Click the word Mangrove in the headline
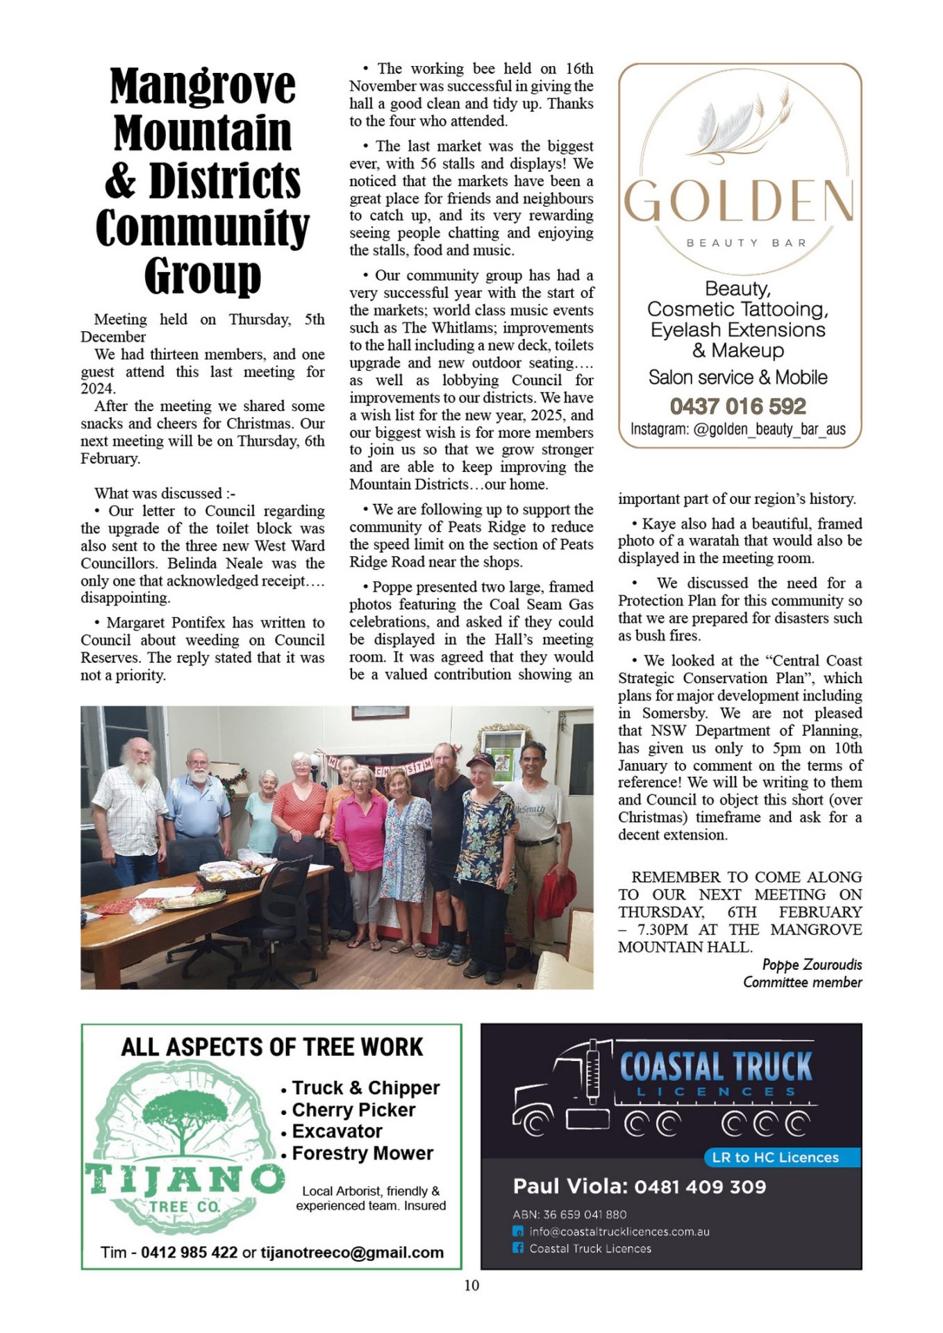tap(202, 86)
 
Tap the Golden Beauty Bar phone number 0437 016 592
tap(737, 406)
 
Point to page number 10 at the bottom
tap(471, 1285)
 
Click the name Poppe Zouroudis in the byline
tap(812, 964)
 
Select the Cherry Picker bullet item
tap(353, 1109)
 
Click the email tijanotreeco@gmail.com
tap(352, 1252)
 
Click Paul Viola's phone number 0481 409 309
tap(700, 1187)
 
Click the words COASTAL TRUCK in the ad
tap(715, 1066)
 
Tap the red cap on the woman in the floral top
tap(481, 760)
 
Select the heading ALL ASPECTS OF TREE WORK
tap(272, 1047)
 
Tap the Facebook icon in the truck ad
tap(518, 1248)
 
